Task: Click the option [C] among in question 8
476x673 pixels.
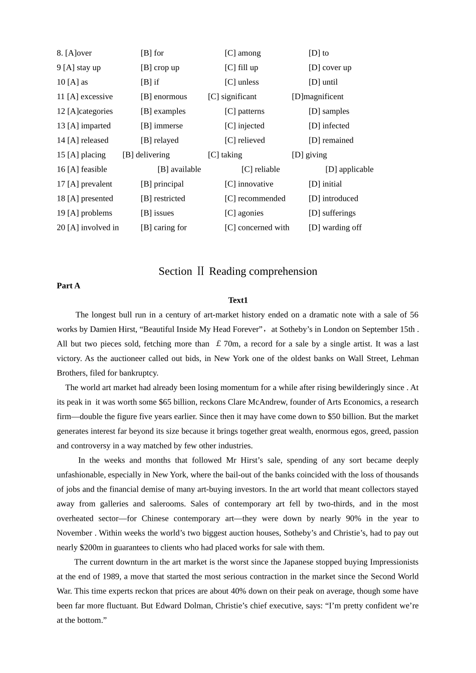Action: [x=243, y=53]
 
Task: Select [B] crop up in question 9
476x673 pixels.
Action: [x=160, y=68]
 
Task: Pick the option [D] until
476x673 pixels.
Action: [x=323, y=82]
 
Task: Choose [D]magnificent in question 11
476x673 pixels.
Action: [x=318, y=97]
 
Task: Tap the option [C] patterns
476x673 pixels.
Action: [x=245, y=111]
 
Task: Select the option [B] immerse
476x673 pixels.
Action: [x=162, y=126]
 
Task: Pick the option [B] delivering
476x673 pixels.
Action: [x=146, y=155]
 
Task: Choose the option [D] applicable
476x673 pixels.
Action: [x=349, y=169]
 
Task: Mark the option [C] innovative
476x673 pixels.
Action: [x=249, y=184]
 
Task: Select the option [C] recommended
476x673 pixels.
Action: [x=255, y=198]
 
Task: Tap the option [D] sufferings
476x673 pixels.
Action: [x=332, y=213]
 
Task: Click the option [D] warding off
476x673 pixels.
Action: [x=335, y=227]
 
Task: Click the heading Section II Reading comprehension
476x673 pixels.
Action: [x=238, y=271]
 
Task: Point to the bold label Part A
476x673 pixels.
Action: [x=69, y=286]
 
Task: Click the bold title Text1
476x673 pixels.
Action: [x=238, y=300]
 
